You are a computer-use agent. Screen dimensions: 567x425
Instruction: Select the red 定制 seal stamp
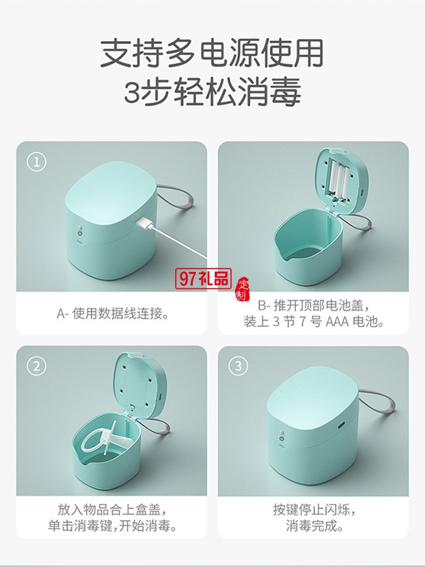tap(243, 289)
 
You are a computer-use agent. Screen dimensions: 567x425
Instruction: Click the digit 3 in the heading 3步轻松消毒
tap(131, 91)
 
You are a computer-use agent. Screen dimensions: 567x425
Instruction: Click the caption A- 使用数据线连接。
tap(112, 313)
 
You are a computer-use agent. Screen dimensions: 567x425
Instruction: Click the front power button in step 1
tap(80, 232)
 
